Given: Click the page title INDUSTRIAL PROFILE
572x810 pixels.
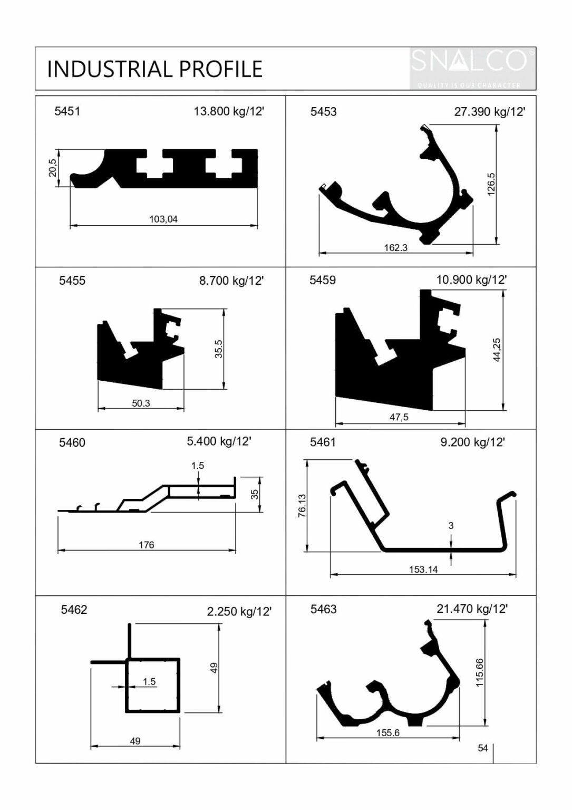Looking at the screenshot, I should point(154,69).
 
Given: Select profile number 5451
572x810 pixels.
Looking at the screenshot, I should point(67,111).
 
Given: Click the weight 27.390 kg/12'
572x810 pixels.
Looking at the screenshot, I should point(489,112).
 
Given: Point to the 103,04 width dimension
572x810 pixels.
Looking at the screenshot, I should point(163,219).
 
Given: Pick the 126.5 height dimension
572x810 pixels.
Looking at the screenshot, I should point(491,184).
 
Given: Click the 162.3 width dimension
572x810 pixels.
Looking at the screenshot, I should point(395,247).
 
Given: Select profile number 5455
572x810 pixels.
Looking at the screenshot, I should point(72,281).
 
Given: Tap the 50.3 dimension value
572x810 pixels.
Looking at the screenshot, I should point(141,403).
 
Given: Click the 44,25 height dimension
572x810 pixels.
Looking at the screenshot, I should point(497,350).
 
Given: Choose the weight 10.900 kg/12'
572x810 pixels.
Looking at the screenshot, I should point(471,280).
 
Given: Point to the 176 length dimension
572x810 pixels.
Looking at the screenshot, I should point(147,545).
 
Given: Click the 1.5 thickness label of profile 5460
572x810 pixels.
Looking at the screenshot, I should point(198,466).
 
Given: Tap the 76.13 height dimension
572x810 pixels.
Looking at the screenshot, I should point(302,505).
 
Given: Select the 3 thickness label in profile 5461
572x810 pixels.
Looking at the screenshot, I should point(451,525).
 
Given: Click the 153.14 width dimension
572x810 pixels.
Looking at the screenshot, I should point(423,570).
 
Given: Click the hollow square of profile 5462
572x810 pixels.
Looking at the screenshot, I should point(153,685).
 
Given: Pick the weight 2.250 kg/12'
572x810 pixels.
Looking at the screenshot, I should point(239,612).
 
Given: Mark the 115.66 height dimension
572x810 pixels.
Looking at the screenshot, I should point(479,672).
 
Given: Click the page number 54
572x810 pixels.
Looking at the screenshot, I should point(482,748).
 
